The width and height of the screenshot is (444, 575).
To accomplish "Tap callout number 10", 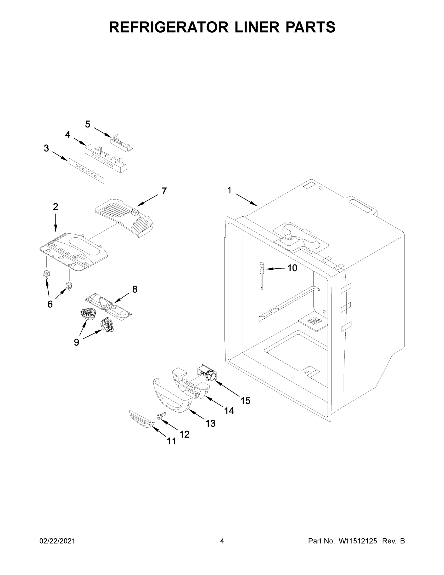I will click(292, 268).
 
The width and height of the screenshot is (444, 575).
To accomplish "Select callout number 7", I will click(164, 191).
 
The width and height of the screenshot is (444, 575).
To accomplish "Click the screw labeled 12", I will click(161, 416).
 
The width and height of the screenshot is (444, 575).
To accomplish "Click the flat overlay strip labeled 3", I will click(86, 171).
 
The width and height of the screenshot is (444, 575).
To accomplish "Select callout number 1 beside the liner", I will click(229, 190).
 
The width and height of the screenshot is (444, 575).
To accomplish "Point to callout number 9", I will click(76, 342).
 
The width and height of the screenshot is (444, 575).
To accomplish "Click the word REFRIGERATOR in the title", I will click(169, 27).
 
